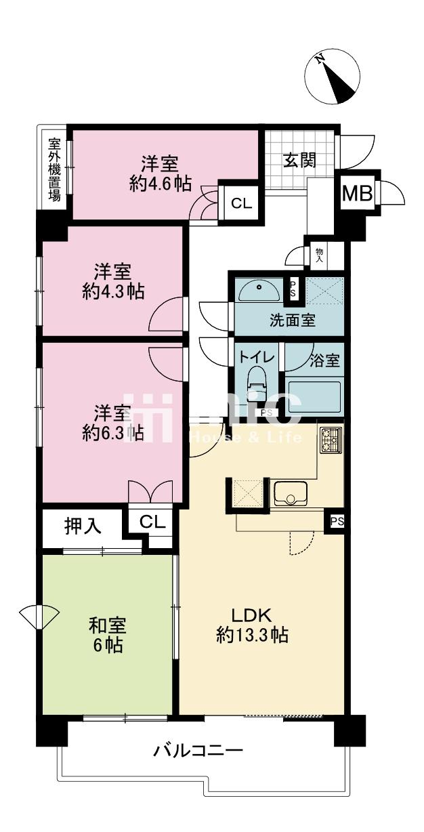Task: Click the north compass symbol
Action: pos(332,77)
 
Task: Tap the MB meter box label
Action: pos(357,194)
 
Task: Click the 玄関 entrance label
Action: pos(300,161)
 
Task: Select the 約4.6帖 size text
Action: pos(161,184)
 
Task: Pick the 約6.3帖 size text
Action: pos(113,433)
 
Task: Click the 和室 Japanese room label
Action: pos(108,625)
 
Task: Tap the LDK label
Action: pos(252,615)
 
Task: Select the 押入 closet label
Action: pos(83,526)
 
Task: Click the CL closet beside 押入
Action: pos(152,522)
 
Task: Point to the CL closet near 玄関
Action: pos(242,203)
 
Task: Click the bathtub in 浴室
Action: pos(314,398)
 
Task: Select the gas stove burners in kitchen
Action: pos(331,440)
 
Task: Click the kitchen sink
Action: pos(291,494)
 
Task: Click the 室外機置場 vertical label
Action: pos(55,169)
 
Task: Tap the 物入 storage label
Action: pos(319,256)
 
